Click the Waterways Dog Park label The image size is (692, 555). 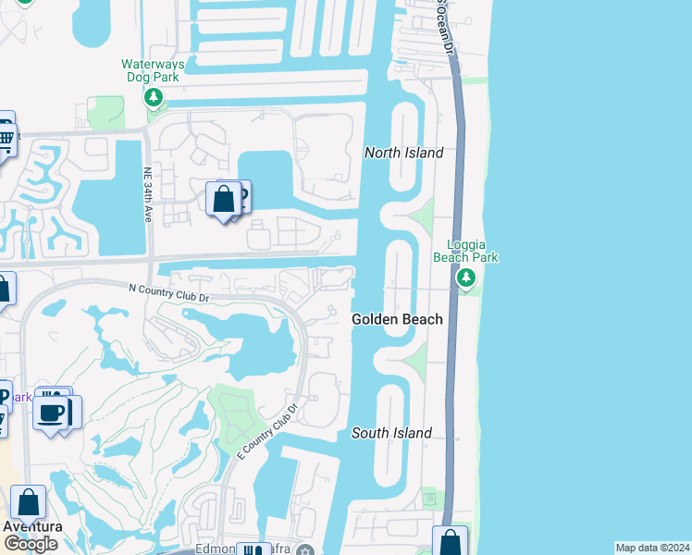pos(154,70)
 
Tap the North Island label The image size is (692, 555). pos(403,153)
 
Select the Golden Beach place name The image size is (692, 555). pos(397,319)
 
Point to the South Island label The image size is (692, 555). pos(391,433)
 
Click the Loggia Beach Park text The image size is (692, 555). pos(466,251)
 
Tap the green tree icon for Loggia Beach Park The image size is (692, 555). pos(466,277)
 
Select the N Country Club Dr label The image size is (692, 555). pos(168,290)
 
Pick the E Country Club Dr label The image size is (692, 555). pos(266,433)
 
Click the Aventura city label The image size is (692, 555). pos(32,526)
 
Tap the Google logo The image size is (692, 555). pos(31,544)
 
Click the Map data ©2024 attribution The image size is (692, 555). pos(652,548)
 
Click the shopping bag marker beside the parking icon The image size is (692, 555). pos(224,200)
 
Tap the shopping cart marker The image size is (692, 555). pos(5,142)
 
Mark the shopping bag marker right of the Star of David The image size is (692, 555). pos(451,542)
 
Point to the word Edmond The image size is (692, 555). pos(214,549)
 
